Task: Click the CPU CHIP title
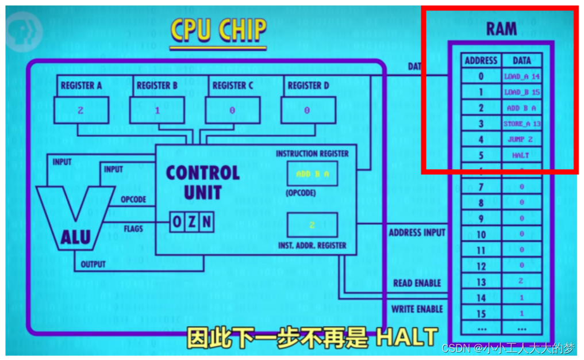(218, 31)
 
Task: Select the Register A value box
(80, 110)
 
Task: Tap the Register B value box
(157, 110)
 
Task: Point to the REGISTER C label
(233, 86)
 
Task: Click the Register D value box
(308, 110)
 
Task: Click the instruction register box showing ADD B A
(312, 174)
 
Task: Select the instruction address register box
(312, 225)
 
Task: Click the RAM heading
(501, 29)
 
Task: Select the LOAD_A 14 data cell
(522, 76)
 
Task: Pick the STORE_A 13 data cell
(522, 124)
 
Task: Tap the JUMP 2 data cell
(522, 139)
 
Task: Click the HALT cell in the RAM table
(522, 155)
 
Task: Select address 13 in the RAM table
(481, 282)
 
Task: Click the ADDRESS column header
(481, 60)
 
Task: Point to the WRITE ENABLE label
(417, 309)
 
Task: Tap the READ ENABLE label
(417, 284)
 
